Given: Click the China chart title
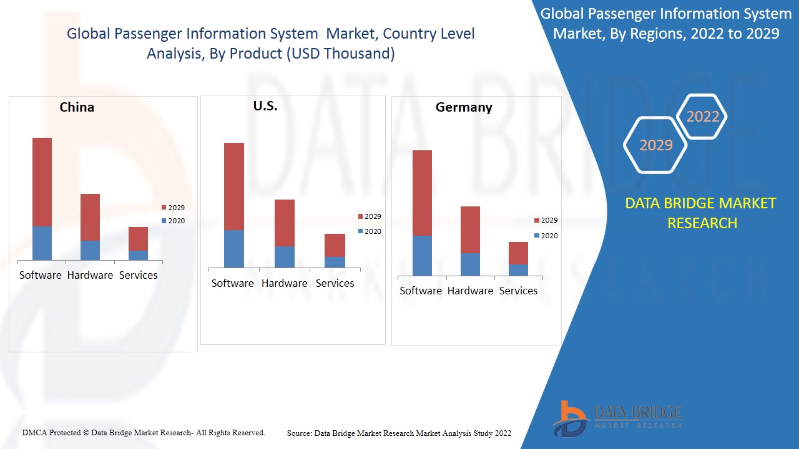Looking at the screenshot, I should [77, 107].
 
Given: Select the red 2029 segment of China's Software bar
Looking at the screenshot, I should [42, 181].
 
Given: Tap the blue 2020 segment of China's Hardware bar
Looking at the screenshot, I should [90, 250].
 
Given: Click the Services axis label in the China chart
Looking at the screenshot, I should [138, 275].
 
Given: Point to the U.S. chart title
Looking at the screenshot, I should [265, 106].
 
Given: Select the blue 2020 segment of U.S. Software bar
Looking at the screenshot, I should [234, 249].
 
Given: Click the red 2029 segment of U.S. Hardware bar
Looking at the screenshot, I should [285, 223].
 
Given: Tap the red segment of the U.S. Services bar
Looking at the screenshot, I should [335, 245].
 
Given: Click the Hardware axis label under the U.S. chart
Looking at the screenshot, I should [284, 283].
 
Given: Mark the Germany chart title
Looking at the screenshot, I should [464, 107].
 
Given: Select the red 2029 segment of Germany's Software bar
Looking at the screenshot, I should [422, 193].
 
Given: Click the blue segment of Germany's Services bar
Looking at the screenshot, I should [518, 269].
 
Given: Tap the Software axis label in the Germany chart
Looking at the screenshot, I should [421, 291].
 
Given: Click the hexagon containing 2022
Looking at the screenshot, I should [703, 117].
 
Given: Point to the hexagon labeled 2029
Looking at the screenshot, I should [655, 145].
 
